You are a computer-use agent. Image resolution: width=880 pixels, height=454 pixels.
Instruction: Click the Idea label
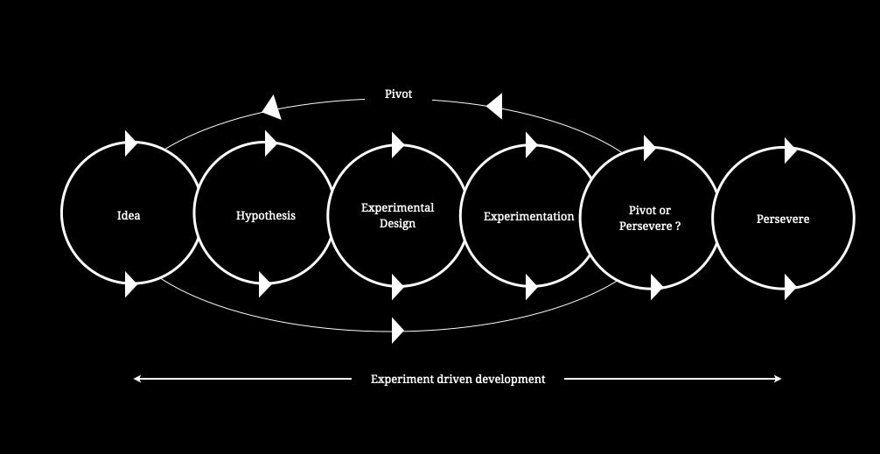pyautogui.click(x=129, y=215)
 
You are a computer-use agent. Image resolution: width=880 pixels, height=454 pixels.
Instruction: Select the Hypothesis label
pyautogui.click(x=266, y=215)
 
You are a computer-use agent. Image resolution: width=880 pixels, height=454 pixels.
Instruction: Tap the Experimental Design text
pyautogui.click(x=397, y=215)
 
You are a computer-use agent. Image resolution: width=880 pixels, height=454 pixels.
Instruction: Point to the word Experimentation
pyautogui.click(x=529, y=216)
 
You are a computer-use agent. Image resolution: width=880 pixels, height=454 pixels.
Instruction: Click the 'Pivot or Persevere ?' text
pyautogui.click(x=650, y=218)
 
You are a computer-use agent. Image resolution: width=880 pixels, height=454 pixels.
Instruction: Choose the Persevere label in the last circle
pyautogui.click(x=783, y=219)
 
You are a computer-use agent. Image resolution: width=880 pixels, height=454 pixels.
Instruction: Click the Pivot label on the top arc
pyautogui.click(x=398, y=94)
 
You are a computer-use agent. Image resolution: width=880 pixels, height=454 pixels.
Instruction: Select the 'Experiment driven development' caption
pyautogui.click(x=457, y=379)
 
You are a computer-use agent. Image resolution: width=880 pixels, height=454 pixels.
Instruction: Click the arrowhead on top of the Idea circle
pyautogui.click(x=131, y=142)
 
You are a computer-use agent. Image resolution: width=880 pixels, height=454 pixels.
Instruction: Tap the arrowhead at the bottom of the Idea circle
pyautogui.click(x=131, y=284)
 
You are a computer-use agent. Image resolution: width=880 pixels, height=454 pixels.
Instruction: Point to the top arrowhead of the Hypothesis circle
pyautogui.click(x=270, y=143)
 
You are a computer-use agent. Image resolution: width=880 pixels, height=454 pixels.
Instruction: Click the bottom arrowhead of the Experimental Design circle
pyautogui.click(x=398, y=286)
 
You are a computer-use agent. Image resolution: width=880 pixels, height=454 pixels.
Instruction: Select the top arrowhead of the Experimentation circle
pyautogui.click(x=531, y=144)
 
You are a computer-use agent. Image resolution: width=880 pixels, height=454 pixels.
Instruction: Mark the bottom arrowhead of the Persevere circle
pyautogui.click(x=790, y=286)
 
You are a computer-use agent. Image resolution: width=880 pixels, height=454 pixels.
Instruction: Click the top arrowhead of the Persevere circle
pyautogui.click(x=790, y=150)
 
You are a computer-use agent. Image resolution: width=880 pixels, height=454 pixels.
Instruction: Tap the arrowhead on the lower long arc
pyautogui.click(x=398, y=331)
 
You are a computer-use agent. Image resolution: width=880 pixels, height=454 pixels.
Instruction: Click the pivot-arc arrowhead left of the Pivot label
pyautogui.click(x=272, y=108)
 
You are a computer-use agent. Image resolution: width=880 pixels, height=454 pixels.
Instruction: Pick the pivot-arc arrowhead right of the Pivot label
pyautogui.click(x=494, y=107)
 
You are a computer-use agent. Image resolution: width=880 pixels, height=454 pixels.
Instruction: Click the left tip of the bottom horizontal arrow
pyautogui.click(x=136, y=379)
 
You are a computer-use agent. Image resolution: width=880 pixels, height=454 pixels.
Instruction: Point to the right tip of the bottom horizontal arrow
pyautogui.click(x=779, y=379)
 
